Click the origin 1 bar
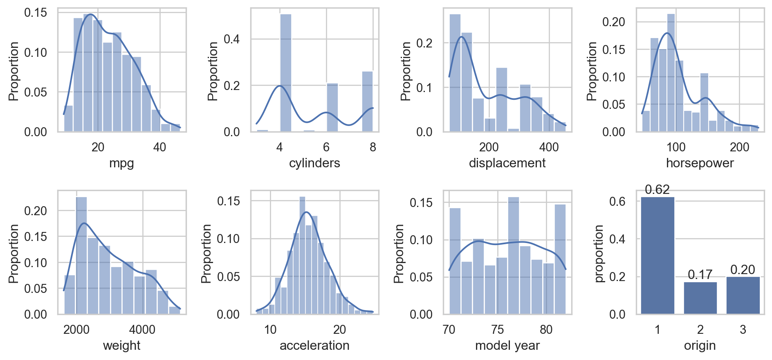point(658,256)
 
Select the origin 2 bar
point(700,298)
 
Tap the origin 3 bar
point(743,295)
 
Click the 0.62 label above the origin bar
point(658,190)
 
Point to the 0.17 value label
point(700,274)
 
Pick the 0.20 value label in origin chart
point(743,270)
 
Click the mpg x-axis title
point(121,163)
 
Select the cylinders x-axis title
point(314,163)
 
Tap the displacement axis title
point(507,163)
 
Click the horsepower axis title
point(700,163)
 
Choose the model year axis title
point(507,346)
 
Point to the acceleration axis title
point(314,346)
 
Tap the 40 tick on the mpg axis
point(159,147)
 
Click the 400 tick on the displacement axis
point(549,147)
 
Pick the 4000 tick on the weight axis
point(142,330)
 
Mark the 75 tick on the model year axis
point(498,330)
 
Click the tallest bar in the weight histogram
point(81,256)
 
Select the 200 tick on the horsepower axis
point(739,147)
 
